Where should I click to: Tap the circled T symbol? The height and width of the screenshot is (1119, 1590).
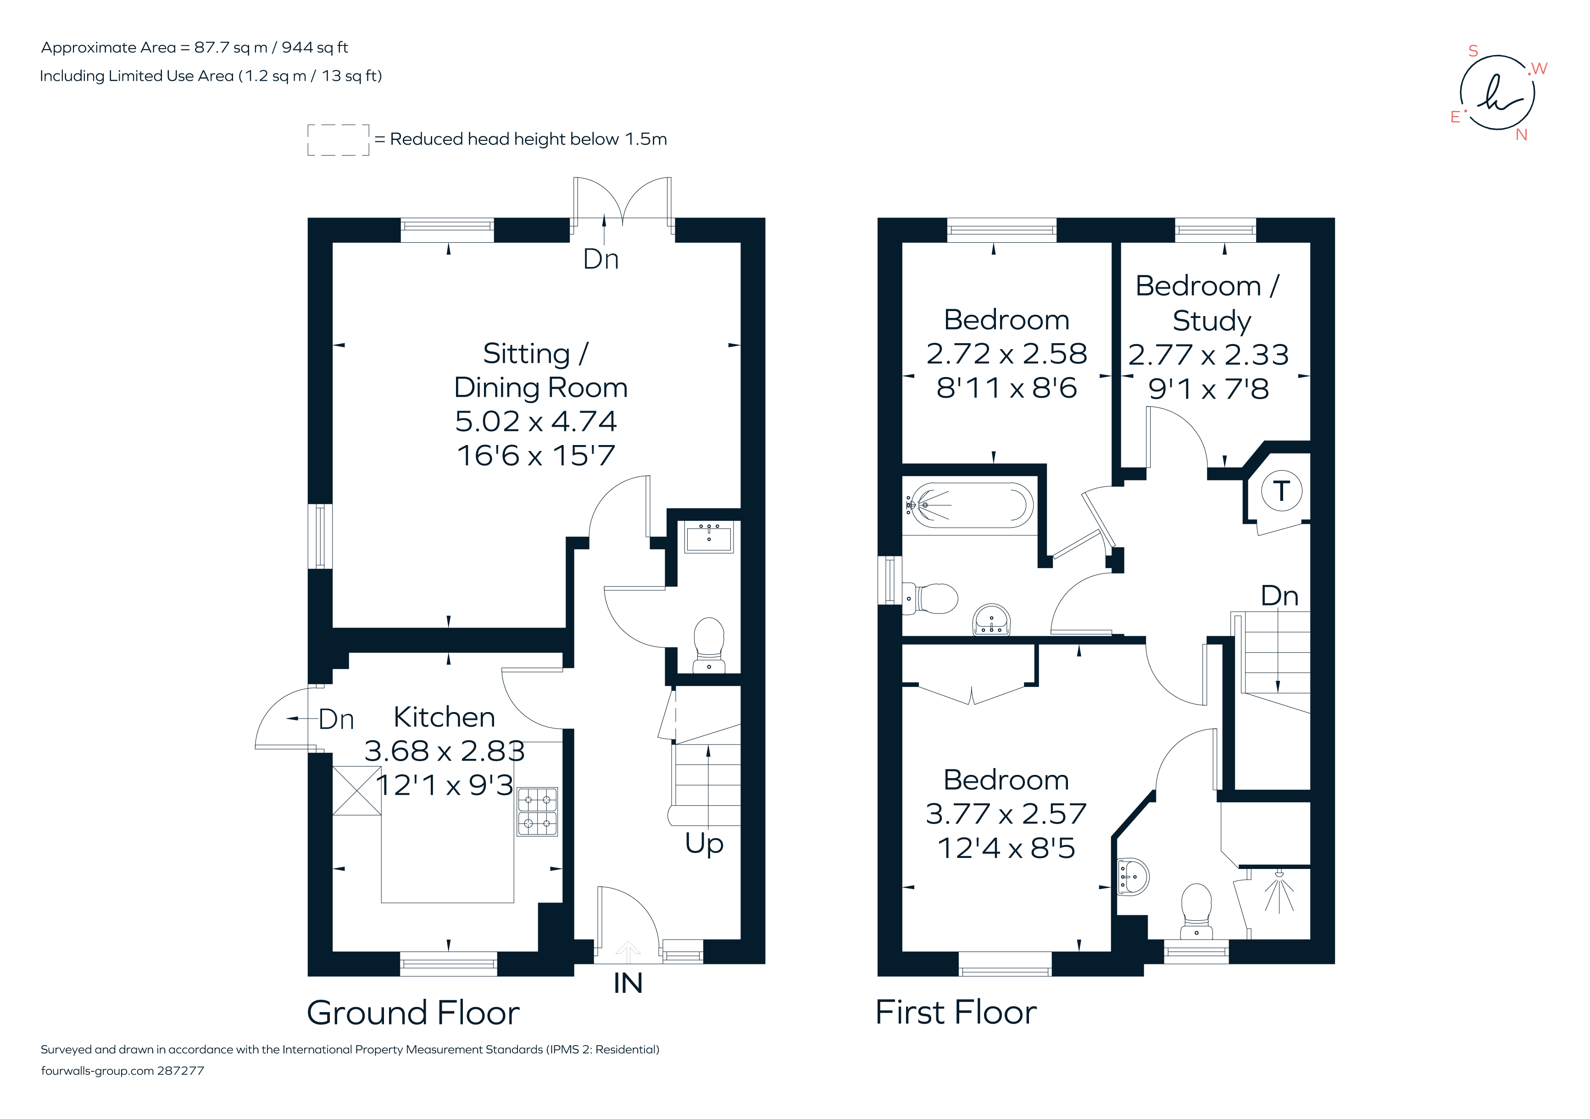(x=1281, y=490)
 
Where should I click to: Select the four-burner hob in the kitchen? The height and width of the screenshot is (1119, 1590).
(x=537, y=812)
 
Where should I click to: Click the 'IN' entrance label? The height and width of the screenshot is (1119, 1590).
(x=628, y=983)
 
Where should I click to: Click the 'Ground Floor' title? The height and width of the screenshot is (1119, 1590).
(x=413, y=1013)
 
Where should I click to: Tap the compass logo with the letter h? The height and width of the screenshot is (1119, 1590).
(x=1498, y=93)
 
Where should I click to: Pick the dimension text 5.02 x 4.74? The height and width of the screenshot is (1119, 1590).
(x=535, y=421)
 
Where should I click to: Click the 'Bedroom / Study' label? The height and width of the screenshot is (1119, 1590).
(x=1208, y=303)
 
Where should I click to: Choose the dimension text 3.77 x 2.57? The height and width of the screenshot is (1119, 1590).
(x=1006, y=813)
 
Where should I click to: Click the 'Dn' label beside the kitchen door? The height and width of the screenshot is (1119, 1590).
(x=337, y=719)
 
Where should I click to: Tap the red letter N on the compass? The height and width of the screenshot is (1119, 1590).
(x=1522, y=135)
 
